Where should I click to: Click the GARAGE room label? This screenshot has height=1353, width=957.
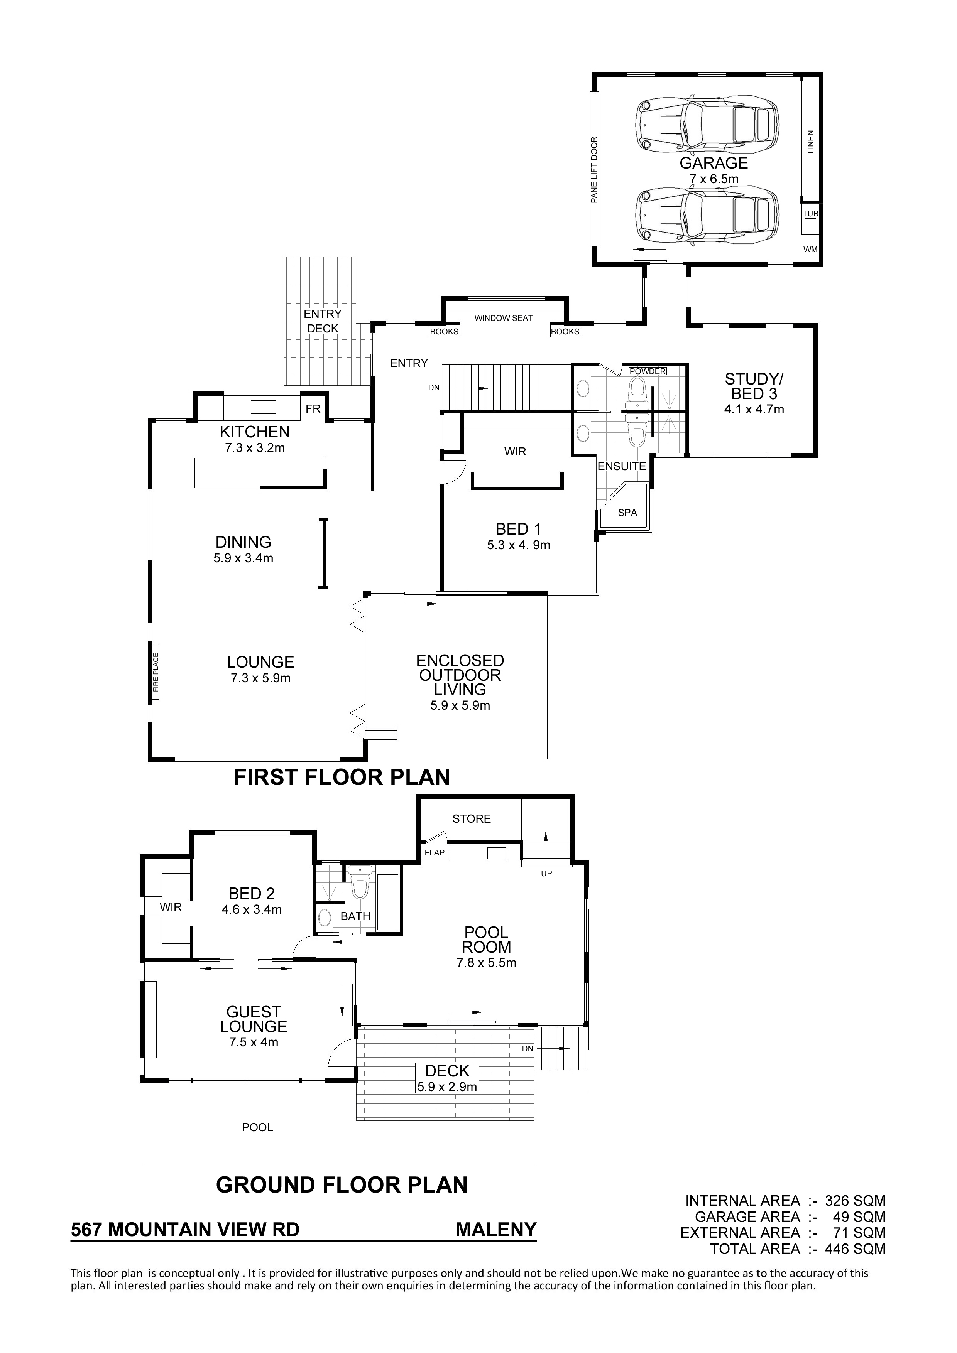(714, 163)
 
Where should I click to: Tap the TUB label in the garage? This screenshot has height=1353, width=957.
(810, 213)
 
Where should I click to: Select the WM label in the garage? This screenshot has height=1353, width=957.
(811, 249)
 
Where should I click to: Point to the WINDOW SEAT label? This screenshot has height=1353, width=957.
(504, 318)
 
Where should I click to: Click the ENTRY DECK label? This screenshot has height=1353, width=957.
(323, 321)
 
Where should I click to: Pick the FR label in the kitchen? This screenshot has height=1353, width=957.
(313, 408)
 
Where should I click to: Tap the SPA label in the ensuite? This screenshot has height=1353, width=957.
(627, 513)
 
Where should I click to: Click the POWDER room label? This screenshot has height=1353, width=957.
(648, 371)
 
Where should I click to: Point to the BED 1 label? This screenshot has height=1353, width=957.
(518, 529)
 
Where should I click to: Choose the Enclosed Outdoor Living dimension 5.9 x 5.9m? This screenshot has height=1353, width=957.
(460, 705)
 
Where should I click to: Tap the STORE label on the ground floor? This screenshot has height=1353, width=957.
(472, 818)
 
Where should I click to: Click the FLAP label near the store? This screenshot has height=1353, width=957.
(435, 853)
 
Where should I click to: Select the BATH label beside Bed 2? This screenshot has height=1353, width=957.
(355, 916)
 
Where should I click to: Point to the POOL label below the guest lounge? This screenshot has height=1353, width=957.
(258, 1127)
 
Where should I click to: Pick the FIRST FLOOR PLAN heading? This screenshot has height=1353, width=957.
(342, 777)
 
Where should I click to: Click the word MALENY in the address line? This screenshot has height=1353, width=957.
(496, 1229)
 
